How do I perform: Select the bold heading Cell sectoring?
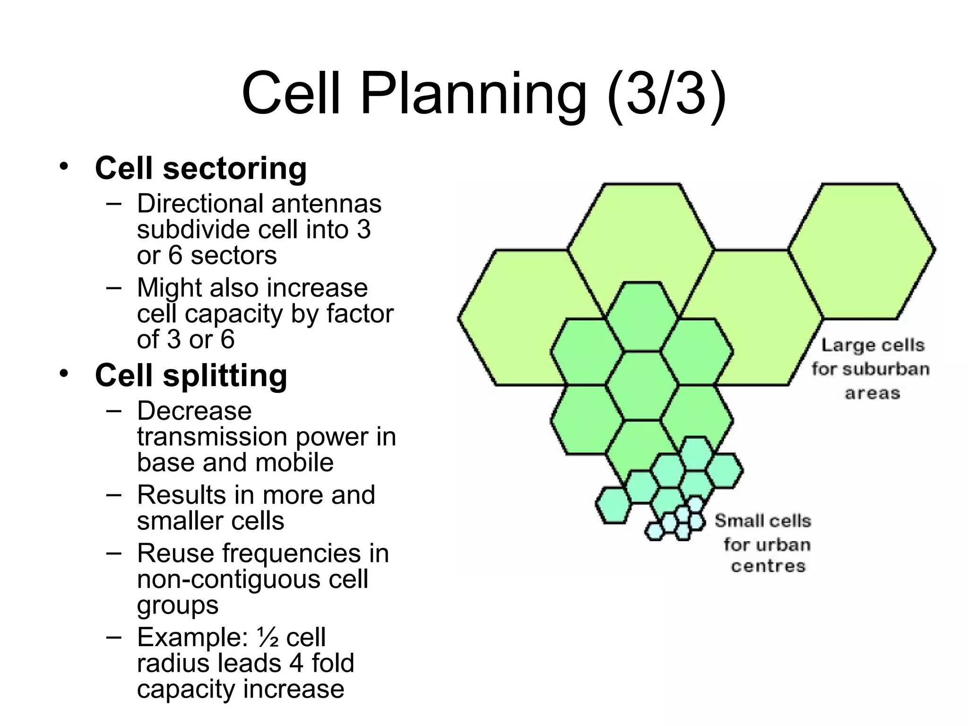(201, 168)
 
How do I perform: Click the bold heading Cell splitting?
(191, 375)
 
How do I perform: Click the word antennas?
(326, 204)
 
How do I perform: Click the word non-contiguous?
(229, 579)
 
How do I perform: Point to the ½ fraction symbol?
(268, 637)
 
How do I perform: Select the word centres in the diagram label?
(768, 566)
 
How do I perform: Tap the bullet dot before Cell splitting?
(64, 373)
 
